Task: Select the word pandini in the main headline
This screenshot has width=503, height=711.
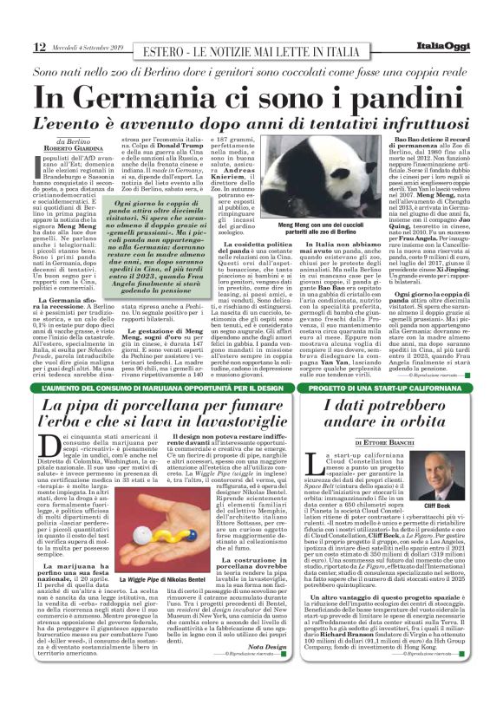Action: [376, 95]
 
